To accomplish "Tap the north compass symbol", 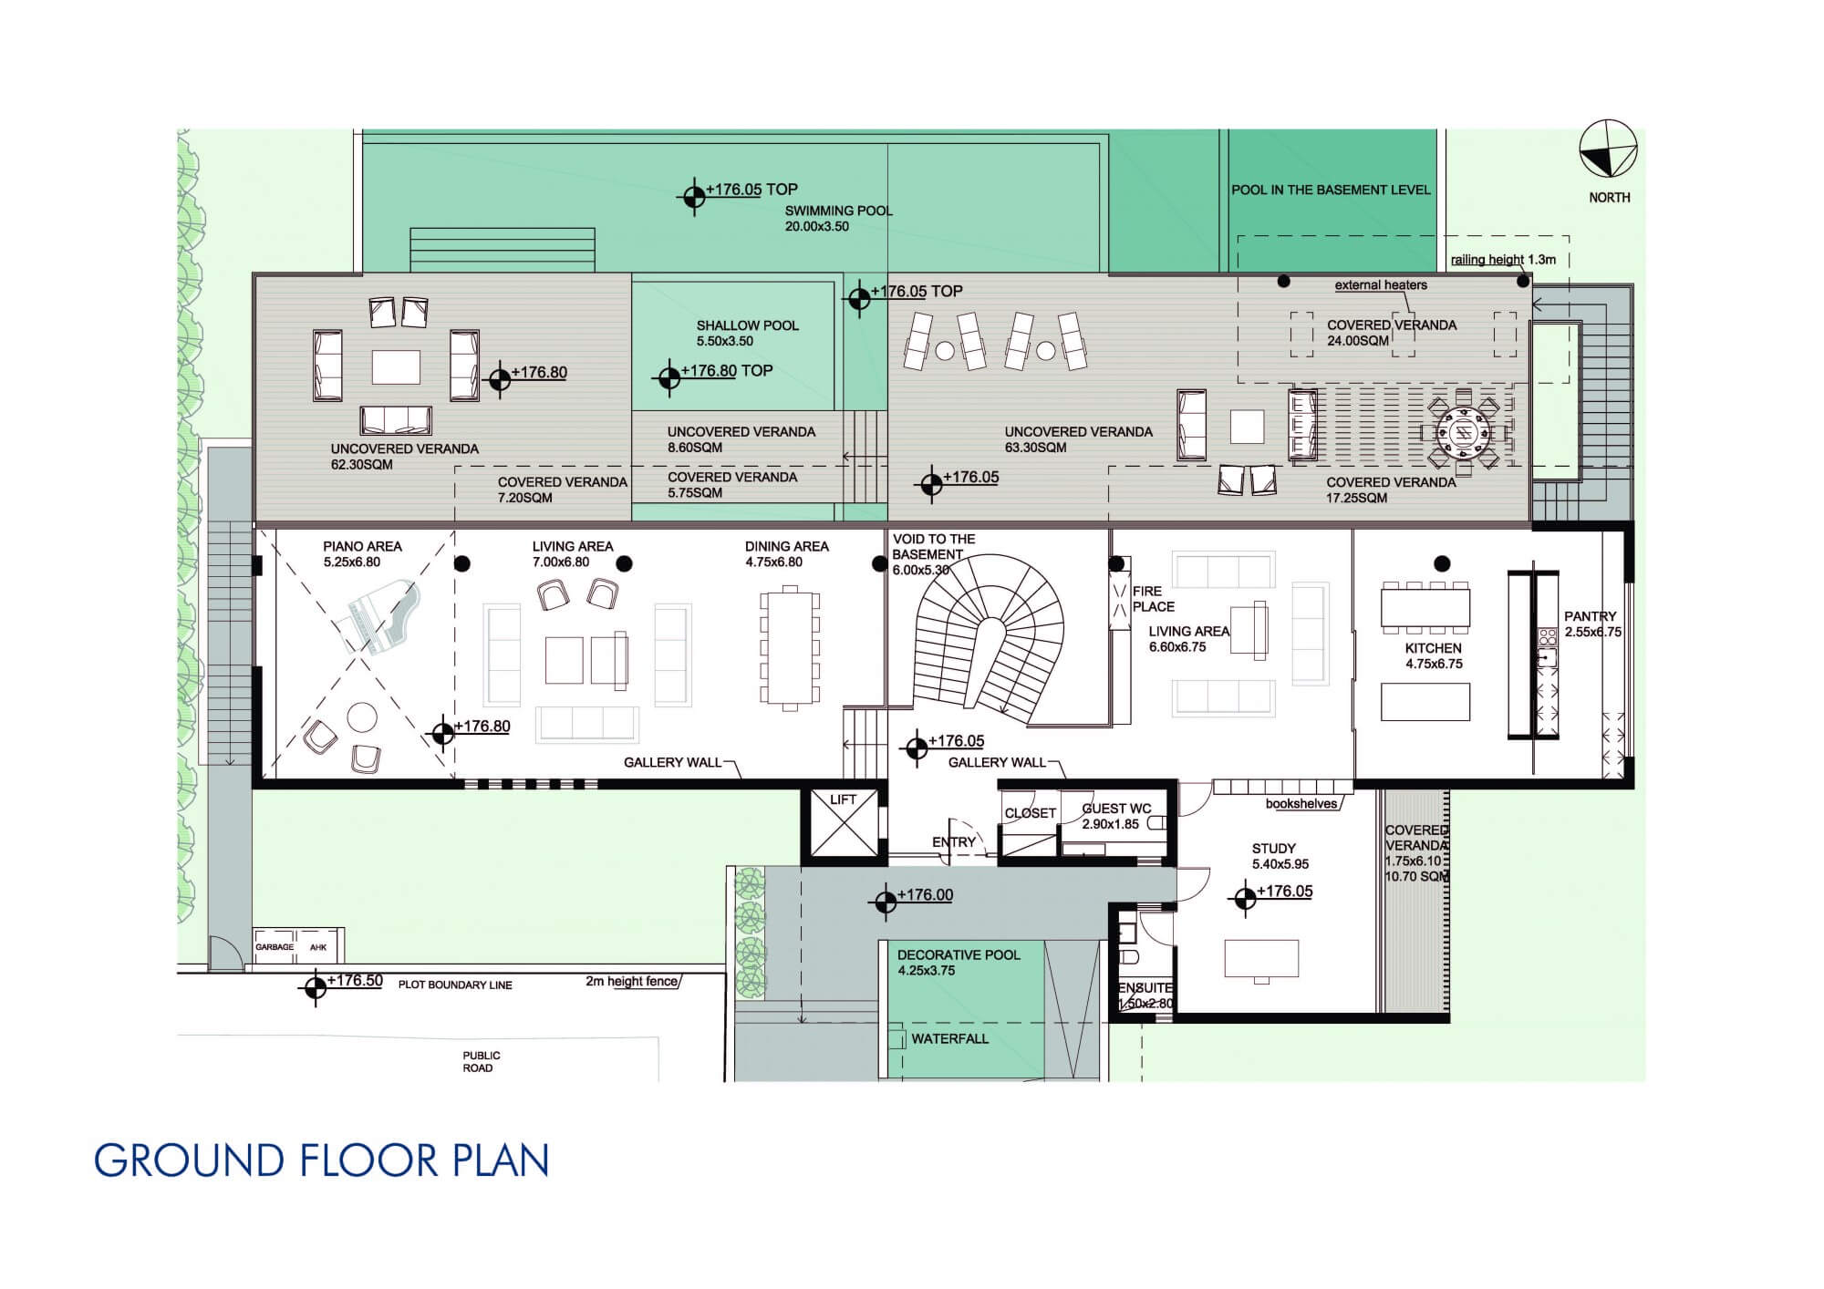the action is click(x=1609, y=149).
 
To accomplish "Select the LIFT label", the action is click(x=844, y=799).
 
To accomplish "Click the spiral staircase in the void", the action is click(x=990, y=638).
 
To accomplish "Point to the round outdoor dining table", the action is click(x=1464, y=431).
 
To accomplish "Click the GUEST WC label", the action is click(x=1117, y=809).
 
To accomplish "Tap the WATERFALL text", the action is click(x=949, y=1038).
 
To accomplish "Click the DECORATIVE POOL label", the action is click(x=959, y=954).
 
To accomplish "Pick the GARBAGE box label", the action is click(x=275, y=947).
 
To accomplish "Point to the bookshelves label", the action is click(x=1301, y=804).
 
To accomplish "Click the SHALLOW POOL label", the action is click(x=748, y=325).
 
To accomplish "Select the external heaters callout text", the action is click(x=1381, y=285).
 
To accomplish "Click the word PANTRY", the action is click(x=1590, y=616).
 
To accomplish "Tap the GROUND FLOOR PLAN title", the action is click(x=321, y=1160).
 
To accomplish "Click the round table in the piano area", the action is click(x=362, y=717).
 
